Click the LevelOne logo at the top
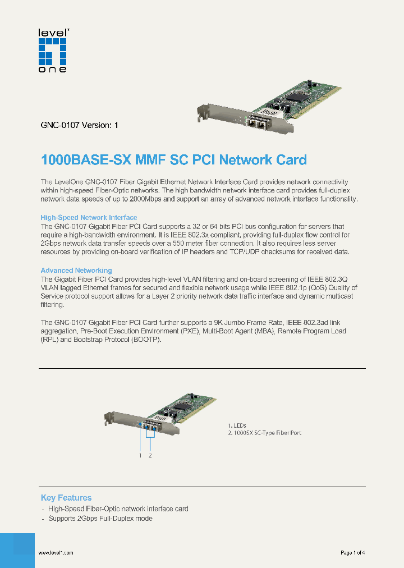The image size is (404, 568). click(x=52, y=51)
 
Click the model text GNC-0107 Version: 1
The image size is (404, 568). click(x=79, y=126)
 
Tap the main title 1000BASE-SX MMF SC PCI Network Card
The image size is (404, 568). click(x=174, y=160)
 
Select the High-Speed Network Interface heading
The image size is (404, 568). click(x=89, y=217)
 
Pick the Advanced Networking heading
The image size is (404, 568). click(x=76, y=271)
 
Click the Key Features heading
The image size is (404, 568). click(x=66, y=498)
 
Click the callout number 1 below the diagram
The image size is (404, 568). click(x=140, y=456)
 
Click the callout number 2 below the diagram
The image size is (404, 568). click(x=150, y=456)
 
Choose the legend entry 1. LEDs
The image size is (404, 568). click(x=237, y=425)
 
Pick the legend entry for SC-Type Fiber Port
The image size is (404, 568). click(x=265, y=433)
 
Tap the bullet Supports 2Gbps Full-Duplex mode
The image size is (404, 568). click(x=100, y=519)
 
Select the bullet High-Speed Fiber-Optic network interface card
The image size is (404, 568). click(x=118, y=509)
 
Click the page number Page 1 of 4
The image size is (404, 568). click(x=353, y=553)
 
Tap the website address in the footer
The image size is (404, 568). click(x=56, y=553)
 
